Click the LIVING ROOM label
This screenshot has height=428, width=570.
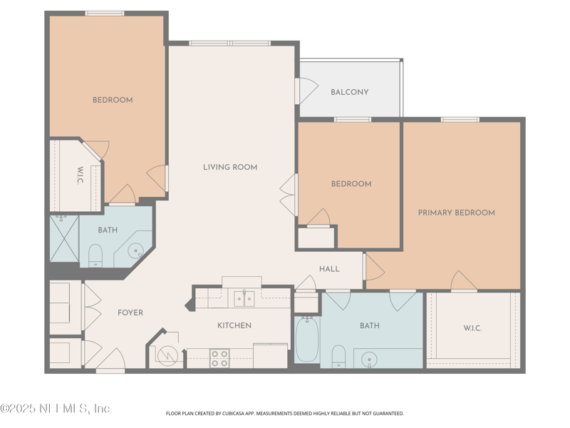(x=229, y=168)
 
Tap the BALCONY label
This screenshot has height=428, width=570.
(x=349, y=92)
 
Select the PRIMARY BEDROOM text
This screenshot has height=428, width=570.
(x=456, y=213)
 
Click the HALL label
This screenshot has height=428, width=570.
(x=329, y=269)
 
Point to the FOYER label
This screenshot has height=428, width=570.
(x=130, y=312)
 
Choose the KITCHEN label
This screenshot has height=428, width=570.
(x=234, y=325)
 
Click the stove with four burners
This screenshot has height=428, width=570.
(x=219, y=357)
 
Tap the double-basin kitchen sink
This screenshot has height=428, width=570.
(x=244, y=297)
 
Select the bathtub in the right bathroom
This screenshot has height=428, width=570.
(x=307, y=340)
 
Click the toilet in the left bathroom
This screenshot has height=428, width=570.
(x=96, y=255)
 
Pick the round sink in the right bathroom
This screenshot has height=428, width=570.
(x=368, y=358)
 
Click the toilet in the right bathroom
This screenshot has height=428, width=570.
(x=339, y=355)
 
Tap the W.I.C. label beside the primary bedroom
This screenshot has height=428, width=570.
(x=472, y=328)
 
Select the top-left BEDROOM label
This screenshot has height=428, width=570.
(x=113, y=100)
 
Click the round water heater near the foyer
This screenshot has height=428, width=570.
(x=167, y=355)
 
